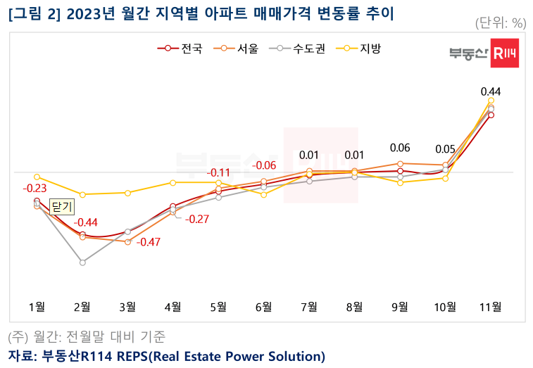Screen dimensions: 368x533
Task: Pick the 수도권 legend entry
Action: coord(303,49)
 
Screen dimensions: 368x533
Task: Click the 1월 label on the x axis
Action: coord(37,307)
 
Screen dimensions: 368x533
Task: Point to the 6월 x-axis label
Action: coord(264,307)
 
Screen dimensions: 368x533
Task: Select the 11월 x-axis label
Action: coord(491,307)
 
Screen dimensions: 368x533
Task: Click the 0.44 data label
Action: coord(491,91)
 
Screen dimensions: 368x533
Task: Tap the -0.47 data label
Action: coord(148,242)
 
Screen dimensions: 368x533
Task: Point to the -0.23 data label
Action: coord(35,189)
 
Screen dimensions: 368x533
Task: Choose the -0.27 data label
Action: coord(196,220)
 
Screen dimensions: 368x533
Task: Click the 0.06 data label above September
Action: coord(400,148)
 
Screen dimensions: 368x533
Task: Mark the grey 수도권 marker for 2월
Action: coord(82,262)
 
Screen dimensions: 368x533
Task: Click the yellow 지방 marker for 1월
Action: coord(37,177)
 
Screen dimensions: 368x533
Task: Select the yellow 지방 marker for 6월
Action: coord(264,194)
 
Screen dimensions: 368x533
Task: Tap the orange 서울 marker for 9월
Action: coord(400,163)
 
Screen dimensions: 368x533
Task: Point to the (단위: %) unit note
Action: coord(501,23)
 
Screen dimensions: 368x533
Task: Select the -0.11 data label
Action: coord(218,173)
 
